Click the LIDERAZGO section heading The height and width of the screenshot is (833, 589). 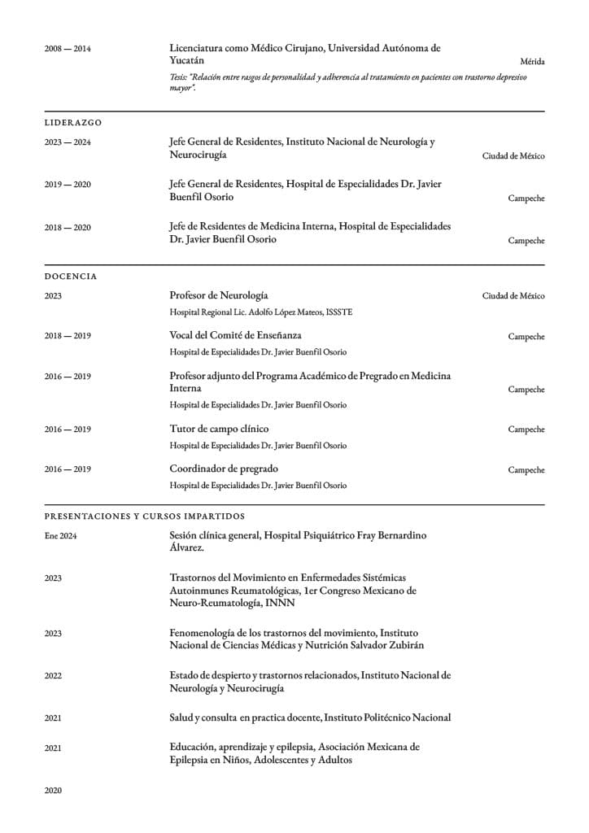click(x=73, y=122)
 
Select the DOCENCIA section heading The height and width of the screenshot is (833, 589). click(x=71, y=277)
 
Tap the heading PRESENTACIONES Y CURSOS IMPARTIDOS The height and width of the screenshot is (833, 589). click(x=144, y=516)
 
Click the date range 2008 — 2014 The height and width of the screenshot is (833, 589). click(x=68, y=49)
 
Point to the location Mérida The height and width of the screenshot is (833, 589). click(x=532, y=62)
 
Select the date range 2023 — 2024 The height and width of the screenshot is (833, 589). click(x=68, y=142)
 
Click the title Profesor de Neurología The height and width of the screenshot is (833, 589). click(x=218, y=295)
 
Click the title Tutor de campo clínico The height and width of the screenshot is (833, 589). click(x=219, y=429)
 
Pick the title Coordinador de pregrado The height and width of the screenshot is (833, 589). click(x=224, y=469)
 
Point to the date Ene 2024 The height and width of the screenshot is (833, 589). click(x=60, y=536)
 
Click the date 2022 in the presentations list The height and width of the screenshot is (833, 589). click(x=53, y=675)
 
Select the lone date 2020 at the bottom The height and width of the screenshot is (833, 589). click(x=53, y=790)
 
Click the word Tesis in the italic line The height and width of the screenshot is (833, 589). click(x=178, y=76)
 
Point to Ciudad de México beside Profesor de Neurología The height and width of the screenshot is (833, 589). click(x=513, y=296)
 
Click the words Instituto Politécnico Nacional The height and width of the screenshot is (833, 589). click(x=387, y=717)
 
